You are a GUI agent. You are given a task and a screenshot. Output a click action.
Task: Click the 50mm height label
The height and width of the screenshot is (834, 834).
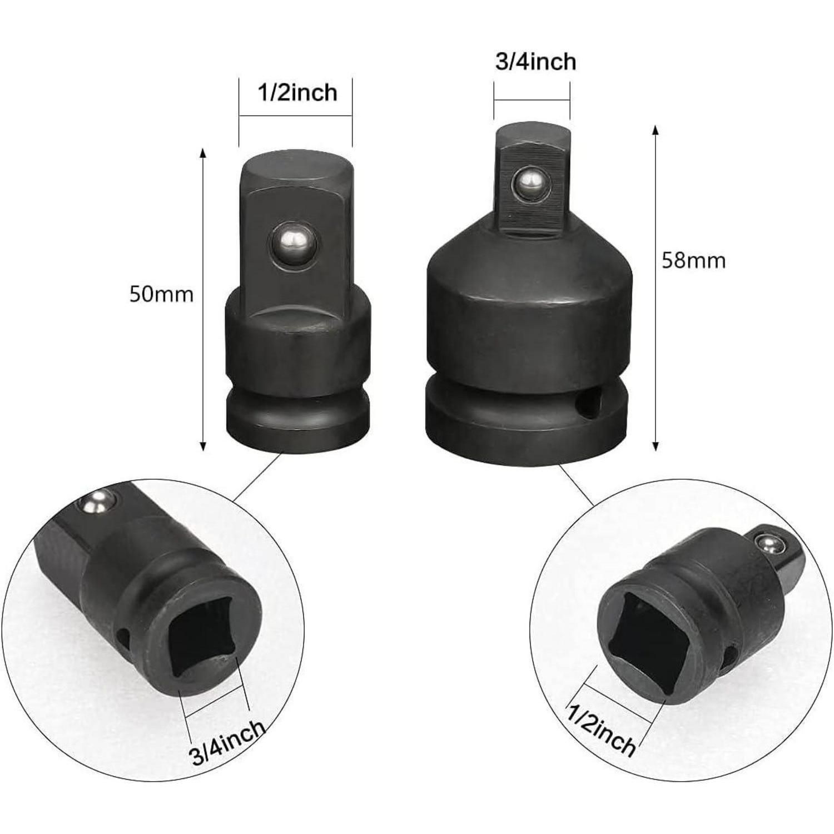[161, 294]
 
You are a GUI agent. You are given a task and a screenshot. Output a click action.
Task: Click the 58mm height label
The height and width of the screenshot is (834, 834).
[693, 260]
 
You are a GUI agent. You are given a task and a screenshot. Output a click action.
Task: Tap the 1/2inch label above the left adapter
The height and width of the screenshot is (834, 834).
[297, 92]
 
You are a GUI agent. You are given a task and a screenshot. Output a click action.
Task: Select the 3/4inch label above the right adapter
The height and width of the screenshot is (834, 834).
[535, 62]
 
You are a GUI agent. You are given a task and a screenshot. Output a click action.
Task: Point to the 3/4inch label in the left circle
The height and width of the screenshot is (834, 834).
[227, 743]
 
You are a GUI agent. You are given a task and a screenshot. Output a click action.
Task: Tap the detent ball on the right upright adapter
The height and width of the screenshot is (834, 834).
[530, 187]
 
